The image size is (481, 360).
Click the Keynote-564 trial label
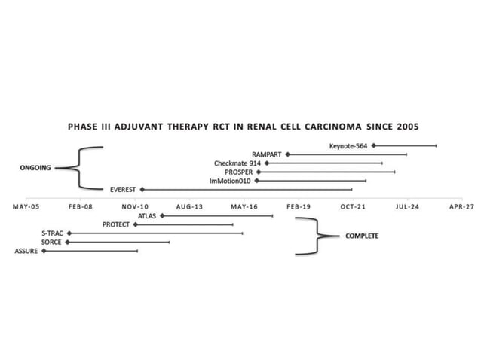coord(348,145)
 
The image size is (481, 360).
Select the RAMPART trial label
coord(267,154)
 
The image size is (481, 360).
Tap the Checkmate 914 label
coord(237,163)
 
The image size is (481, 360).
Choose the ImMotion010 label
coord(231,182)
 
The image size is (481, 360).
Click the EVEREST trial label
coord(122,190)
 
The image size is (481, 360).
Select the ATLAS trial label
coord(146,216)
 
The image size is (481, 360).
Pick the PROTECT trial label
coord(116,224)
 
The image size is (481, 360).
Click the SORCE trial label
coord(52,243)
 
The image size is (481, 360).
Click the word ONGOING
coord(35,168)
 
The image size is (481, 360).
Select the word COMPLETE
coord(362,236)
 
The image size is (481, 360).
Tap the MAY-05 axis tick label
coord(26,205)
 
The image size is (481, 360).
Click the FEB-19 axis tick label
coord(299,205)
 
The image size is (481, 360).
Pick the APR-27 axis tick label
coord(461,205)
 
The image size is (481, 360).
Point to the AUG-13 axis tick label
coord(189,205)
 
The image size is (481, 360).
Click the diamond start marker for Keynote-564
coord(373,145)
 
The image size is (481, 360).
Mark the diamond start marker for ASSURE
coord(44,251)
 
